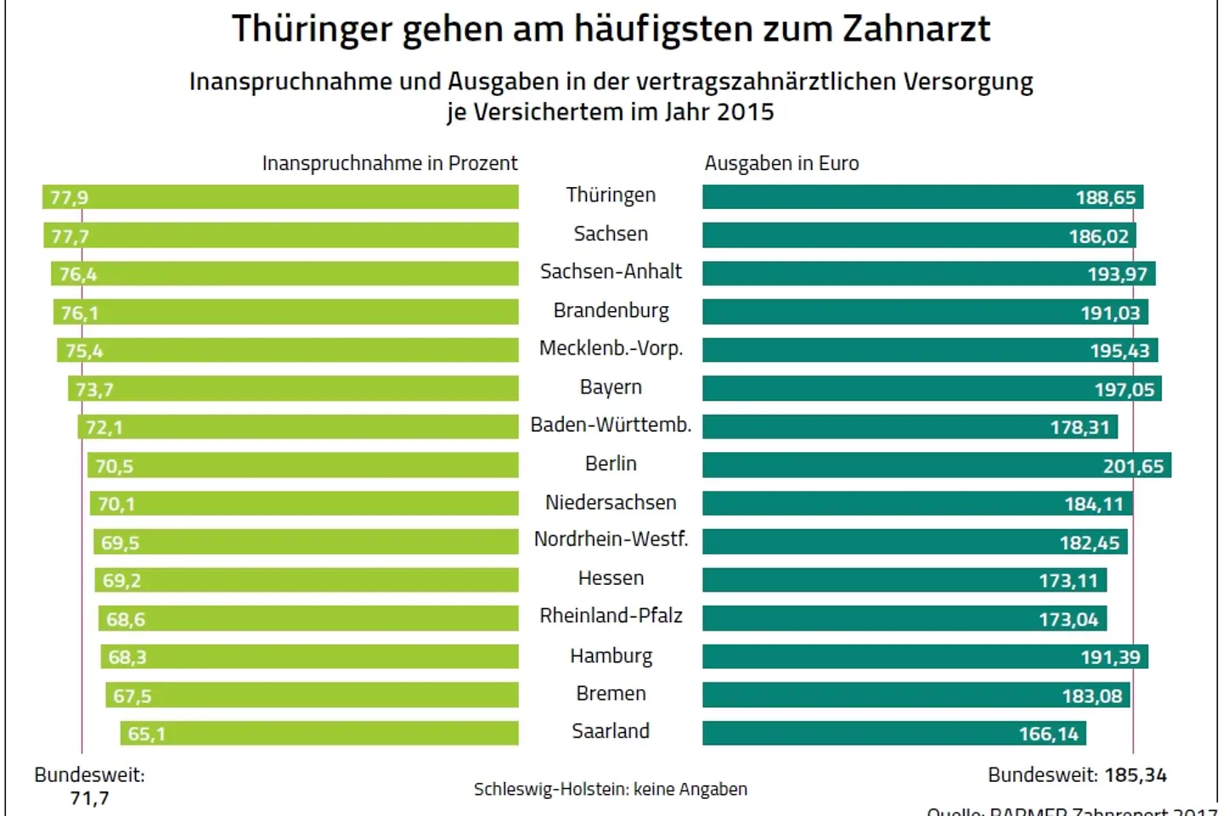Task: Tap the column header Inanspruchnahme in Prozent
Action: click(389, 163)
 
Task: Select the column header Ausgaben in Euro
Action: click(781, 163)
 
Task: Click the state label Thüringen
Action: click(611, 195)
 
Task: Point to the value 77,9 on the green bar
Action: click(69, 198)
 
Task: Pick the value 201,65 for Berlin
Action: click(1133, 466)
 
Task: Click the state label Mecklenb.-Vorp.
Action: click(611, 348)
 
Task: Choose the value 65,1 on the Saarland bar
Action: click(146, 734)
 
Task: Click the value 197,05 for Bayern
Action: click(1124, 389)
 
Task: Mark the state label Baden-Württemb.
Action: click(611, 425)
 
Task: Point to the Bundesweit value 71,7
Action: click(89, 798)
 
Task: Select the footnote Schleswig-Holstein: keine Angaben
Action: click(611, 790)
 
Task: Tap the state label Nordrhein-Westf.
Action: click(611, 540)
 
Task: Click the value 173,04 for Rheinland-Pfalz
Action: click(1068, 620)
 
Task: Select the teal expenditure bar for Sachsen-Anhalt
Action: click(892, 274)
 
